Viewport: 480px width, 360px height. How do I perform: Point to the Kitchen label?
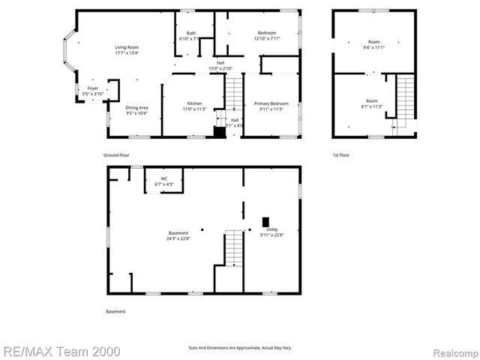pyautogui.click(x=193, y=105)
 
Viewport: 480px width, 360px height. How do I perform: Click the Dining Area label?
pyautogui.click(x=136, y=109)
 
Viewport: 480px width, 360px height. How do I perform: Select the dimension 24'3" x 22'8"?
pyautogui.click(x=178, y=239)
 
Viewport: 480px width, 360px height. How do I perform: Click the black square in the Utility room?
pyautogui.click(x=265, y=221)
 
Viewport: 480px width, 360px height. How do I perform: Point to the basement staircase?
pyautogui.click(x=234, y=248)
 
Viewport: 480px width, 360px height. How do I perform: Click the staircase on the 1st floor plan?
pyautogui.click(x=405, y=97)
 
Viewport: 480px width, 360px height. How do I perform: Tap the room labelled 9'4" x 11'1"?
pyautogui.click(x=373, y=44)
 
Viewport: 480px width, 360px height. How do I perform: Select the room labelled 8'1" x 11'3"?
pyautogui.click(x=372, y=103)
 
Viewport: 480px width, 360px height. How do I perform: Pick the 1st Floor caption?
pyautogui.click(x=341, y=155)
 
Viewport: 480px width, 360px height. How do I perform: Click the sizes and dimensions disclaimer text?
pyautogui.click(x=239, y=347)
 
